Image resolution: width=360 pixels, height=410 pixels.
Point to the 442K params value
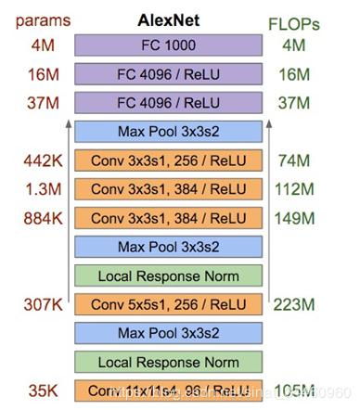[x=43, y=160]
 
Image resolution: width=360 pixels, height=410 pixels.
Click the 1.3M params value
[x=43, y=189]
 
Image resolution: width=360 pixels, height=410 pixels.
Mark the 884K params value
[x=43, y=218]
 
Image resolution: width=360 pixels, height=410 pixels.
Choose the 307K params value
[x=43, y=303]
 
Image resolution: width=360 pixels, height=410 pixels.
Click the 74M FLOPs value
[x=292, y=160]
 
